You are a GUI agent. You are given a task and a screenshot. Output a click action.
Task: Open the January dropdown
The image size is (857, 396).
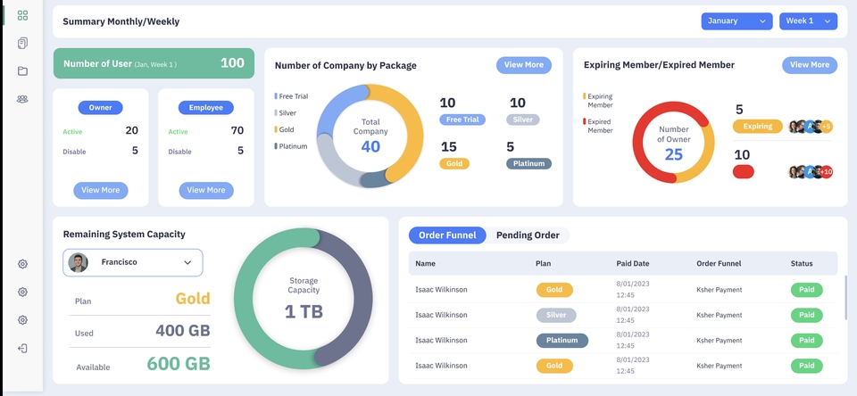point(736,21)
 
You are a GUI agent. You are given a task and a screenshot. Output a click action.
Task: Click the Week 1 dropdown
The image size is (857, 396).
point(808,21)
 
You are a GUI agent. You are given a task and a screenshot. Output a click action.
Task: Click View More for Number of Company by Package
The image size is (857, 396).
point(523,65)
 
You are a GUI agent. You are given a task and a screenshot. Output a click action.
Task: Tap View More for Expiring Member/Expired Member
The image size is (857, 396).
point(809,65)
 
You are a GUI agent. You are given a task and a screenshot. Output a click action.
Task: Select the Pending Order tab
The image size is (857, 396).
point(528,235)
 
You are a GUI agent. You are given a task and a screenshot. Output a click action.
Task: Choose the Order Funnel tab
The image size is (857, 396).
point(447,235)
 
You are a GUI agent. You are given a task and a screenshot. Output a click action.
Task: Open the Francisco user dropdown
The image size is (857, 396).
point(133,262)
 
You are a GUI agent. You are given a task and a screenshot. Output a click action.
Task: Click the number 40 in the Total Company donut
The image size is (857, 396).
point(370,146)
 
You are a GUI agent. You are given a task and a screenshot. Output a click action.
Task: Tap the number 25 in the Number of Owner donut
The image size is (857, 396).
point(673,154)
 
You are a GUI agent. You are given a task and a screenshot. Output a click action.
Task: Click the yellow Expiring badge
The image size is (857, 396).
point(757,127)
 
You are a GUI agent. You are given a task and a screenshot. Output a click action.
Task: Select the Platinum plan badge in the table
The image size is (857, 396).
point(562,341)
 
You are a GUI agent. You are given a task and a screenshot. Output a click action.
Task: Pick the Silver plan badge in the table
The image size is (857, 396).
point(556,315)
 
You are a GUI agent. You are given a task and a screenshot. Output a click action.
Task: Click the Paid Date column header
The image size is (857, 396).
point(633,263)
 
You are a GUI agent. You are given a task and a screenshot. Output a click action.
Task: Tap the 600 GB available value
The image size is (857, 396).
point(179,363)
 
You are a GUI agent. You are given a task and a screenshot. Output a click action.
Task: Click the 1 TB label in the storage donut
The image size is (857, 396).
point(304,311)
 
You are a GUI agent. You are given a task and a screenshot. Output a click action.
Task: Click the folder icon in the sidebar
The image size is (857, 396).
point(22,71)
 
